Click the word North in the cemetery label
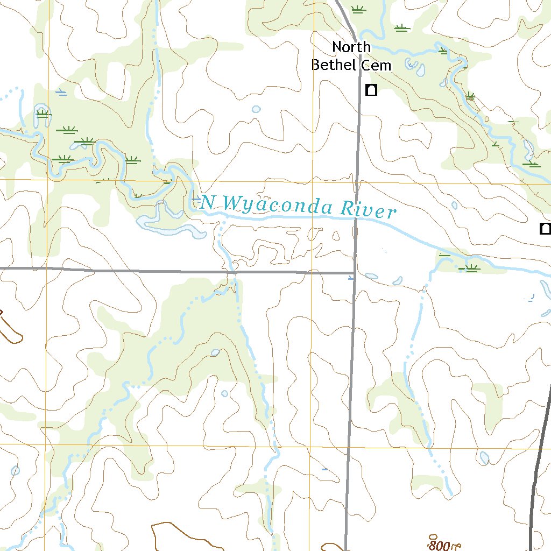click(351, 47)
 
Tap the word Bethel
click(334, 65)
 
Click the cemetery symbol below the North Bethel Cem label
click(371, 90)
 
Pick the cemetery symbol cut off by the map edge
click(546, 229)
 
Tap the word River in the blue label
click(370, 210)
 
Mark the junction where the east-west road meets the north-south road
click(354, 273)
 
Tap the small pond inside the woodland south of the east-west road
click(215, 353)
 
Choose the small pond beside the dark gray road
click(484, 458)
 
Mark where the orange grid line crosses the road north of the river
click(356, 182)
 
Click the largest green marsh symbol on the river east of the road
click(471, 268)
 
